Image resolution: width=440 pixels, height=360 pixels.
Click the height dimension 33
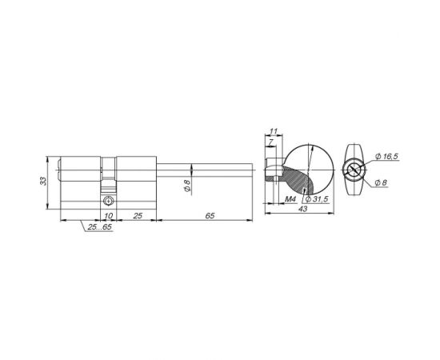coord(44,181)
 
